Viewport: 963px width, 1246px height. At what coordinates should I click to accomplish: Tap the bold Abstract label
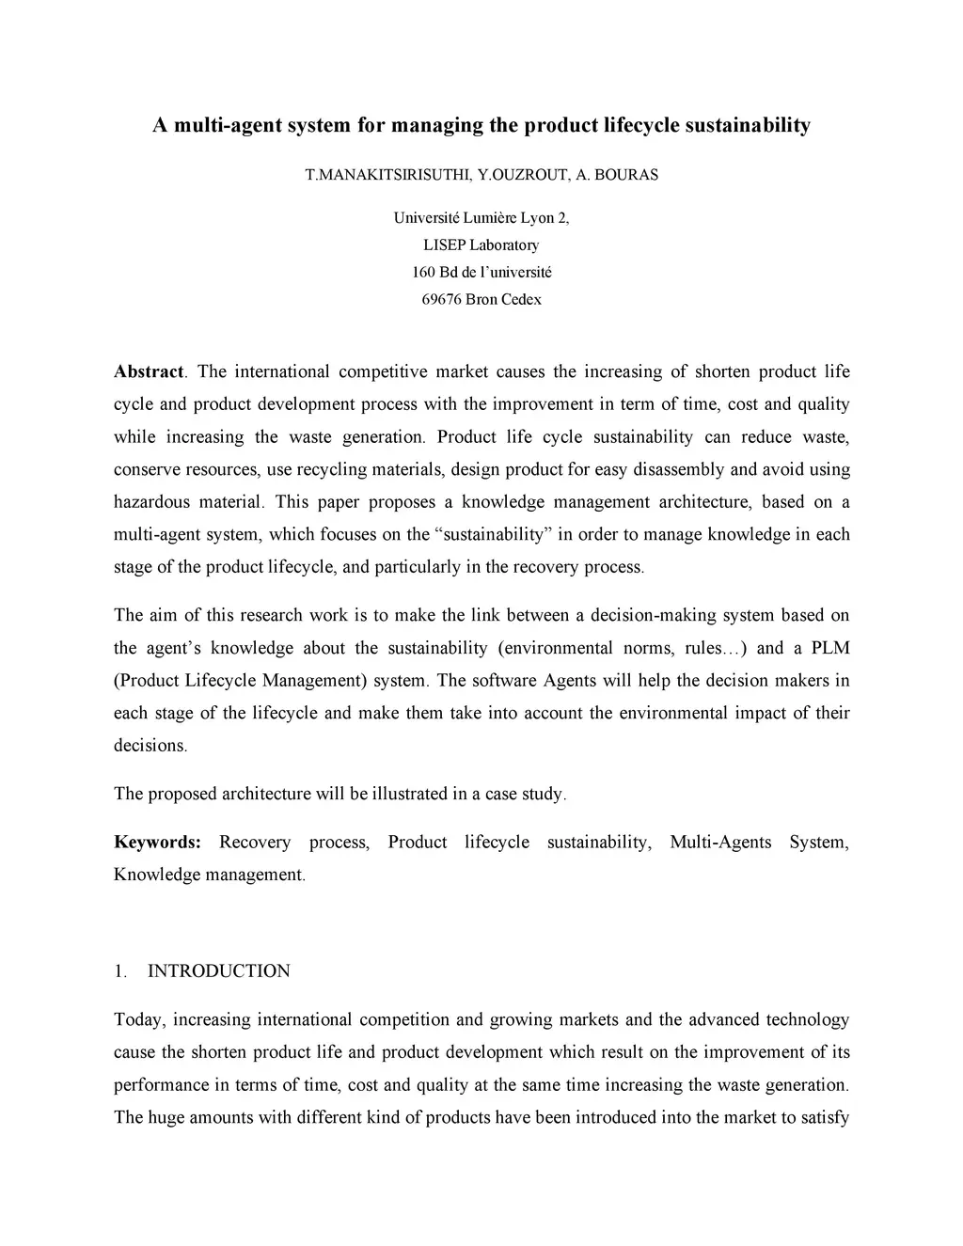[x=149, y=371]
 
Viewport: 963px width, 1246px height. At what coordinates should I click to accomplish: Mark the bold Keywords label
[x=157, y=843]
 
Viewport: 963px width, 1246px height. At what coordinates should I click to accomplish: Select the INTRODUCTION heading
[x=219, y=971]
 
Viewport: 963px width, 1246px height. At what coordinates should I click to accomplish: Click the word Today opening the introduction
[x=138, y=1020]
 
